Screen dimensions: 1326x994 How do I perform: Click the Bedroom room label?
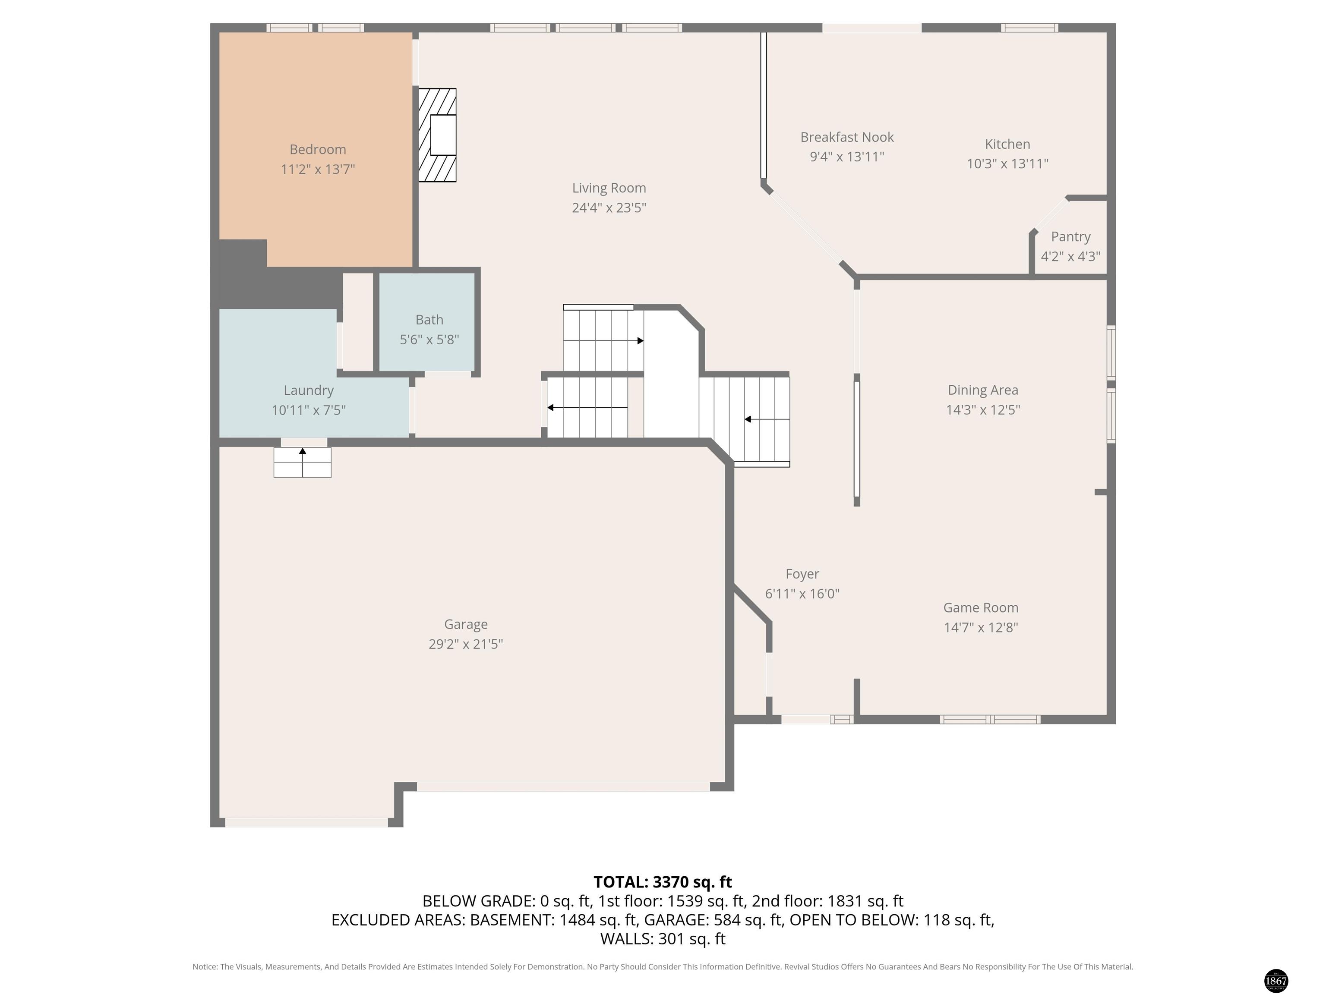[x=318, y=149]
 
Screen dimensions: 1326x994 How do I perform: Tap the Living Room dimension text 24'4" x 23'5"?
[x=609, y=208]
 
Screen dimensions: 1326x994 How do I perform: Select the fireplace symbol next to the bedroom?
[x=437, y=135]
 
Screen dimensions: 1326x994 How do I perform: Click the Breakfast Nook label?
[x=847, y=137]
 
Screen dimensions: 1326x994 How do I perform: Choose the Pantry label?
[x=1070, y=237]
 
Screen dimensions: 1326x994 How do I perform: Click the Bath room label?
[x=429, y=320]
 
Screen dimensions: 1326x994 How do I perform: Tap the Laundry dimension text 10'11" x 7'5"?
[x=309, y=410]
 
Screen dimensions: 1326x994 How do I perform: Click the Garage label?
[x=466, y=624]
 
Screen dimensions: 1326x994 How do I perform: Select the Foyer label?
[x=802, y=574]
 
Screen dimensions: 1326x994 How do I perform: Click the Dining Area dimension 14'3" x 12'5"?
[x=983, y=410]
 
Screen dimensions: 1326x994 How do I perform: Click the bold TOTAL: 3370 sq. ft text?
[x=663, y=882]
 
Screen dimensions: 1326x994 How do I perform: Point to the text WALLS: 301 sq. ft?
[x=663, y=939]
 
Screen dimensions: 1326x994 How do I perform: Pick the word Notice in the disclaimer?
[x=205, y=966]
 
